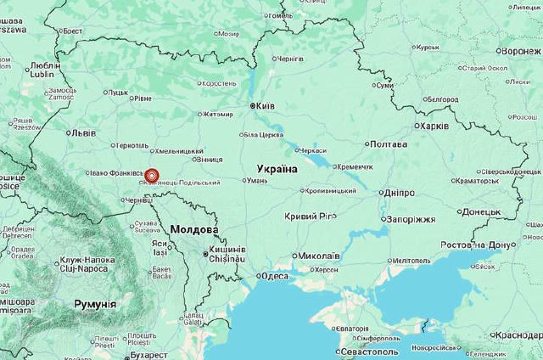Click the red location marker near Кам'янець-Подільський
(152, 177)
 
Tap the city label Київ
(265, 106)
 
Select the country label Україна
(277, 169)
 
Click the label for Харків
(431, 126)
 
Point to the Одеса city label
(274, 276)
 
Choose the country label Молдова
(194, 230)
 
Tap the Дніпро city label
(399, 193)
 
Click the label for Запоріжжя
(411, 218)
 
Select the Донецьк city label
(482, 211)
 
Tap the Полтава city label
(389, 144)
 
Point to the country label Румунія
(95, 304)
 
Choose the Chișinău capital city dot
(204, 253)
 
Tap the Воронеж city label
(521, 51)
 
